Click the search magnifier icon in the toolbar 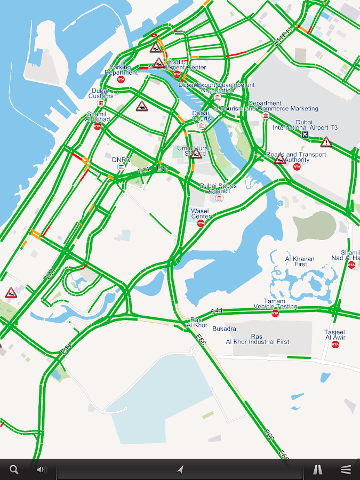pyautogui.click(x=14, y=469)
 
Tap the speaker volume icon pyautogui.click(x=41, y=469)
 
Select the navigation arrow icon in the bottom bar pyautogui.click(x=180, y=469)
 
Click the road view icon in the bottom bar pyautogui.click(x=317, y=469)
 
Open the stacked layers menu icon pyautogui.click(x=346, y=469)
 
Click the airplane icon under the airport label pyautogui.click(x=305, y=135)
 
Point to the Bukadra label pyautogui.click(x=224, y=329)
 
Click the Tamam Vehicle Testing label pyautogui.click(x=275, y=304)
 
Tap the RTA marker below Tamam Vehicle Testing pyautogui.click(x=275, y=314)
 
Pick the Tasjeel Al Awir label pyautogui.click(x=335, y=334)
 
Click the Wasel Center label pyautogui.click(x=201, y=213)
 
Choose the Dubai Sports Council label pyautogui.click(x=219, y=188)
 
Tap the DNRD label pyautogui.click(x=121, y=159)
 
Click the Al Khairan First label pyautogui.click(x=300, y=261)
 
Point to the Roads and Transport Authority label pyautogui.click(x=296, y=157)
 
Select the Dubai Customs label pyautogui.click(x=101, y=93)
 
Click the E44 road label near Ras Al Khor pyautogui.click(x=216, y=310)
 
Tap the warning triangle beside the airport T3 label pyautogui.click(x=326, y=142)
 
